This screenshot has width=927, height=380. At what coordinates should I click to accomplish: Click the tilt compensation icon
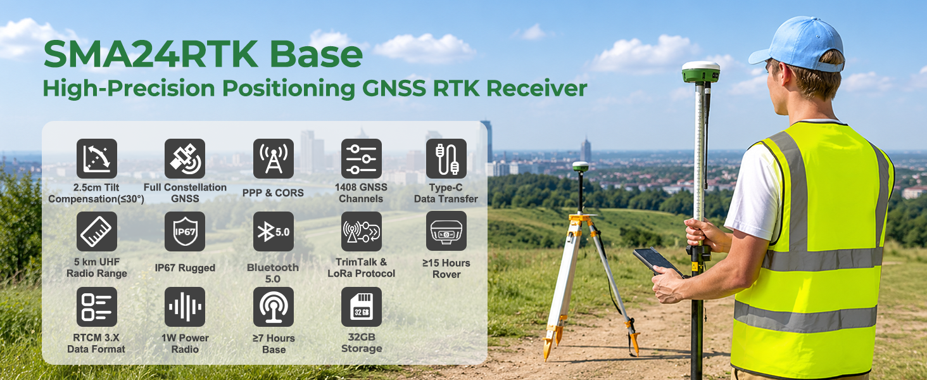pyautogui.click(x=97, y=158)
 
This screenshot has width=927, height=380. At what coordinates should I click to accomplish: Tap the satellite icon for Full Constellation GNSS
pyautogui.click(x=185, y=158)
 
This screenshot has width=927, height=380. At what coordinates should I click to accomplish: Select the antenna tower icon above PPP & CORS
pyautogui.click(x=273, y=158)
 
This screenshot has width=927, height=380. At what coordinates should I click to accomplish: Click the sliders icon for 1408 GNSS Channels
pyautogui.click(x=362, y=158)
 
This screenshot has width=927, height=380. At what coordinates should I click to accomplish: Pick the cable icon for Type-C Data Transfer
pyautogui.click(x=446, y=158)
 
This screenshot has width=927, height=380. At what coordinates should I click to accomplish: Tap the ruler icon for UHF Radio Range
pyautogui.click(x=97, y=231)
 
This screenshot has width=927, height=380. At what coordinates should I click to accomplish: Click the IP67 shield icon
pyautogui.click(x=185, y=231)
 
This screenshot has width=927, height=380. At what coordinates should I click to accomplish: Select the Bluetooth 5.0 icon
pyautogui.click(x=273, y=231)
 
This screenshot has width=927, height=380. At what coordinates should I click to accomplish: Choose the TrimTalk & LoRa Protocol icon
pyautogui.click(x=362, y=231)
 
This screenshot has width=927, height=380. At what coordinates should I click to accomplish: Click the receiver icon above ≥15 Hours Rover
pyautogui.click(x=446, y=231)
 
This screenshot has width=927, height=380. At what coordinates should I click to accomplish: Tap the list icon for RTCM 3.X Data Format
pyautogui.click(x=97, y=307)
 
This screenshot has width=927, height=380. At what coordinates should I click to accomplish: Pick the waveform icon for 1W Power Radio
pyautogui.click(x=185, y=307)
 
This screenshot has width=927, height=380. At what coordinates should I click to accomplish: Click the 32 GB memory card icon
pyautogui.click(x=362, y=307)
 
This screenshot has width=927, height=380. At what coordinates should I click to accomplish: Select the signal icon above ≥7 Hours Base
pyautogui.click(x=273, y=307)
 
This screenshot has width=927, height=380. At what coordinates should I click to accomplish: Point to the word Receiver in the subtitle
pyautogui.click(x=536, y=88)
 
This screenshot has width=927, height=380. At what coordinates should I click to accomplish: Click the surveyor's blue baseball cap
pyautogui.click(x=797, y=45)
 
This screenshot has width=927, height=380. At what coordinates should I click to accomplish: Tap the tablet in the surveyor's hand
pyautogui.click(x=657, y=261)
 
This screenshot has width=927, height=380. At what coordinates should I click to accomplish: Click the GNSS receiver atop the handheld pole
pyautogui.click(x=700, y=72)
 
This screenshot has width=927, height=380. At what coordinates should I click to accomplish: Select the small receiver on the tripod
pyautogui.click(x=580, y=167)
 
